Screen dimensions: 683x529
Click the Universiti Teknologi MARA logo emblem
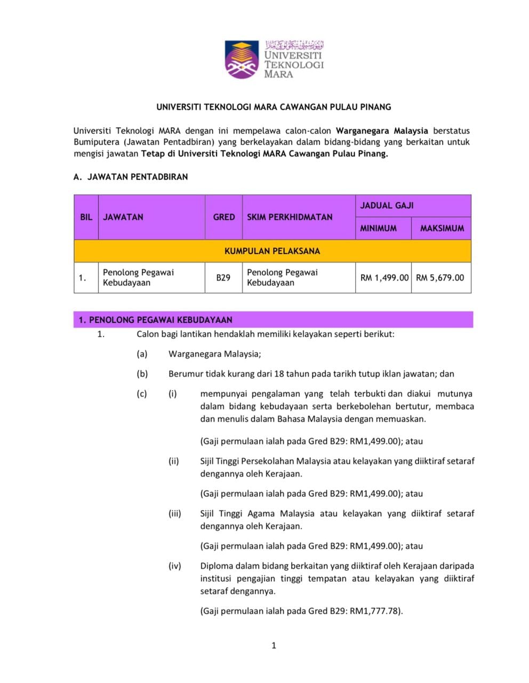(242, 59)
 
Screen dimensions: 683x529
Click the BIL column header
(86, 217)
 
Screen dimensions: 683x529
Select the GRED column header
(223, 217)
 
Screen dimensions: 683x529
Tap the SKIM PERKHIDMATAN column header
(290, 217)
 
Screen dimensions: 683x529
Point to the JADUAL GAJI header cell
(387, 205)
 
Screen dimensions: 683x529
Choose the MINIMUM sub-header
(378, 228)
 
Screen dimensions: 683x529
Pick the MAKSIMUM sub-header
(442, 228)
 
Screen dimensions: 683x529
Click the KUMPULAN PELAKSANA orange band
(272, 251)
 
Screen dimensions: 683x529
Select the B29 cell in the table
(223, 277)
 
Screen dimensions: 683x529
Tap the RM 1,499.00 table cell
(384, 277)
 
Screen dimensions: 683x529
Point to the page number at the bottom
(274, 646)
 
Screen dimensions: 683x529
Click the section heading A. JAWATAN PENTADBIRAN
(131, 177)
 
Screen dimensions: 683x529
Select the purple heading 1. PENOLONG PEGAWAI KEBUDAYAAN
(155, 320)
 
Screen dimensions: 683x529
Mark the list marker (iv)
(175, 566)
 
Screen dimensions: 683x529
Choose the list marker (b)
(142, 374)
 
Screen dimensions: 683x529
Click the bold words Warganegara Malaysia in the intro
(382, 130)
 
